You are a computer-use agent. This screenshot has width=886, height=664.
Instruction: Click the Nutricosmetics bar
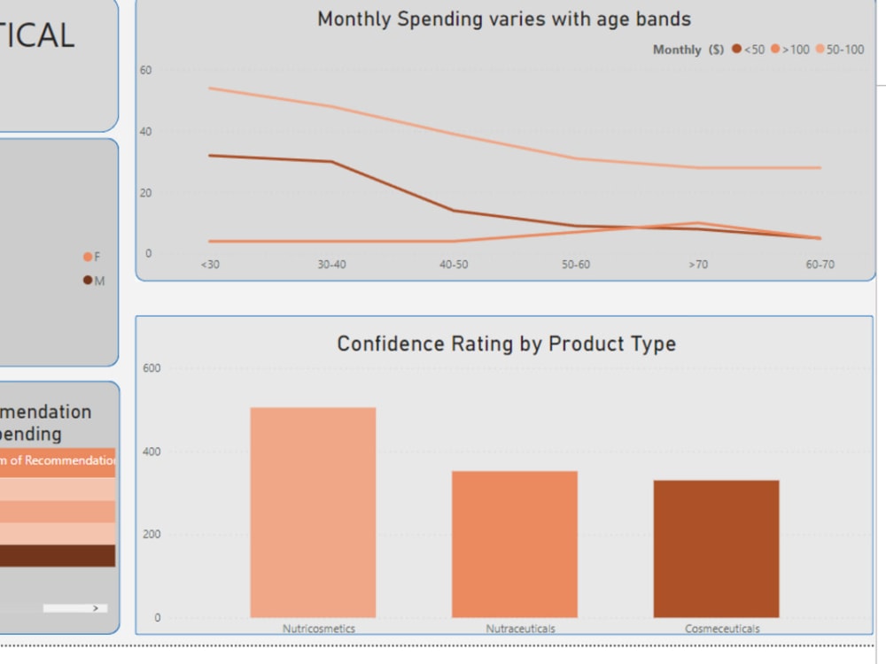313,513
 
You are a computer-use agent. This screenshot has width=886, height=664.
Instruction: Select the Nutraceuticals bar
515,544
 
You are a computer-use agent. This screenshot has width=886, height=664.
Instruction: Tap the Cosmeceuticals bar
716,549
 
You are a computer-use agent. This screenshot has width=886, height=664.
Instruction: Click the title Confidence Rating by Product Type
506,344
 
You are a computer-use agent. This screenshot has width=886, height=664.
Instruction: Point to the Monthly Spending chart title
504,19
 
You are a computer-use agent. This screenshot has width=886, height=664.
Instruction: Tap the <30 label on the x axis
210,265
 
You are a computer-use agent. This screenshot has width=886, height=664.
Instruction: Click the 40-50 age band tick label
454,265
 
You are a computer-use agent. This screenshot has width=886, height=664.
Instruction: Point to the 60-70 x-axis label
820,265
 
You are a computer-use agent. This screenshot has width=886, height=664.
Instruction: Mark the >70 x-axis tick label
698,265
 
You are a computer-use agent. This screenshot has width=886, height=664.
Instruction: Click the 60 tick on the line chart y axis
146,70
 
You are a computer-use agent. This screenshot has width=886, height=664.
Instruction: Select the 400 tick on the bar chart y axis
152,452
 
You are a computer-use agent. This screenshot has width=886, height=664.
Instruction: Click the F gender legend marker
88,257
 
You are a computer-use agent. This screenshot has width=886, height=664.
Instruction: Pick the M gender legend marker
88,281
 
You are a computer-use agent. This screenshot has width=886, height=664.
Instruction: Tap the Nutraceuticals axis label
520,629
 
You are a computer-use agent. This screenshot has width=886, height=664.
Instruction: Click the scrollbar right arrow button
96,608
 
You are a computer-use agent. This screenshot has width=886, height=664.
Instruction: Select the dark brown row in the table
58,555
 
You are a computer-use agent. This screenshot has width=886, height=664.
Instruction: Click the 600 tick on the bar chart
152,368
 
